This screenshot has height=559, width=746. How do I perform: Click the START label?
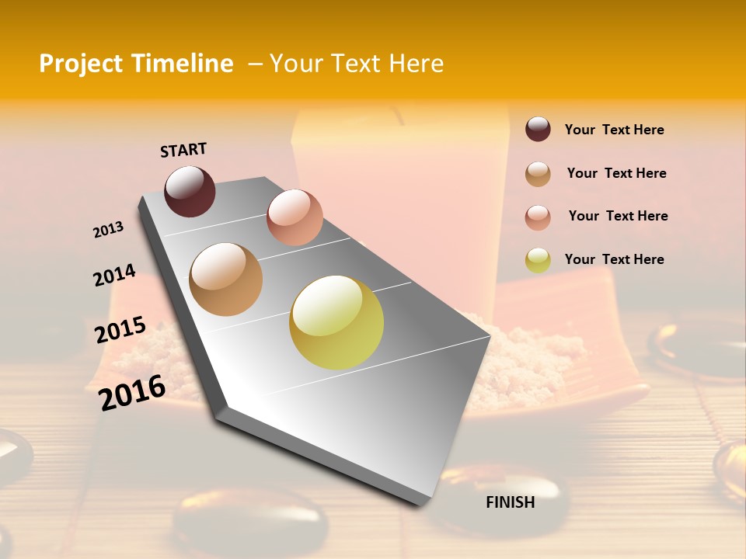tap(183, 150)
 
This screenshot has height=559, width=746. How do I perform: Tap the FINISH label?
tap(511, 502)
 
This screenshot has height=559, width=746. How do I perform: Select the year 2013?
tap(109, 230)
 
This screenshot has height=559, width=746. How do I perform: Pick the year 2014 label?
tap(115, 276)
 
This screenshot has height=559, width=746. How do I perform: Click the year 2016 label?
tap(133, 393)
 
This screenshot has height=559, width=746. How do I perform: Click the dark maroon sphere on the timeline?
tap(190, 191)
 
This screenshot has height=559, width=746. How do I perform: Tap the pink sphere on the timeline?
tap(295, 217)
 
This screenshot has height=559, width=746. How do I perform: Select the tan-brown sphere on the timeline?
tap(226, 279)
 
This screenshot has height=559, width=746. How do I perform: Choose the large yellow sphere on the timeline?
tap(336, 322)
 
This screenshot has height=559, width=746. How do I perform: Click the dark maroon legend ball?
tap(538, 129)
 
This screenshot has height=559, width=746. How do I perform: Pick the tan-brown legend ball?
tap(538, 174)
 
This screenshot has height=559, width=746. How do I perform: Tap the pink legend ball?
tap(538, 217)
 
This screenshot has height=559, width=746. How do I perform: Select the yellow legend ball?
tap(538, 260)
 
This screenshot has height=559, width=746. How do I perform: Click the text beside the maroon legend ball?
tap(615, 130)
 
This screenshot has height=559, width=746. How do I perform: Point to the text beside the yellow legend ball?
tap(615, 259)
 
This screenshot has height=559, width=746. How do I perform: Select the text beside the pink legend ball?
tap(619, 216)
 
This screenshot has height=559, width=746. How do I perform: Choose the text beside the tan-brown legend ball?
tap(617, 173)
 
